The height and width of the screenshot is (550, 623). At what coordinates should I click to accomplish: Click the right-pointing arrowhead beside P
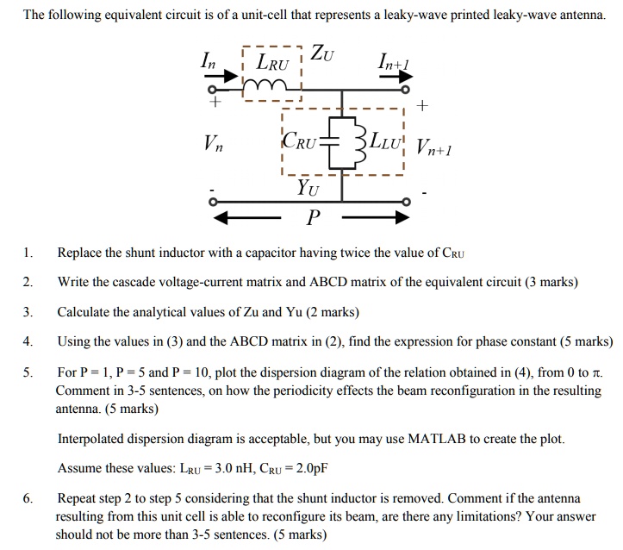400,218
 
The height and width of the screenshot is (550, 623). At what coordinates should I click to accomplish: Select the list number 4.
28,341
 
